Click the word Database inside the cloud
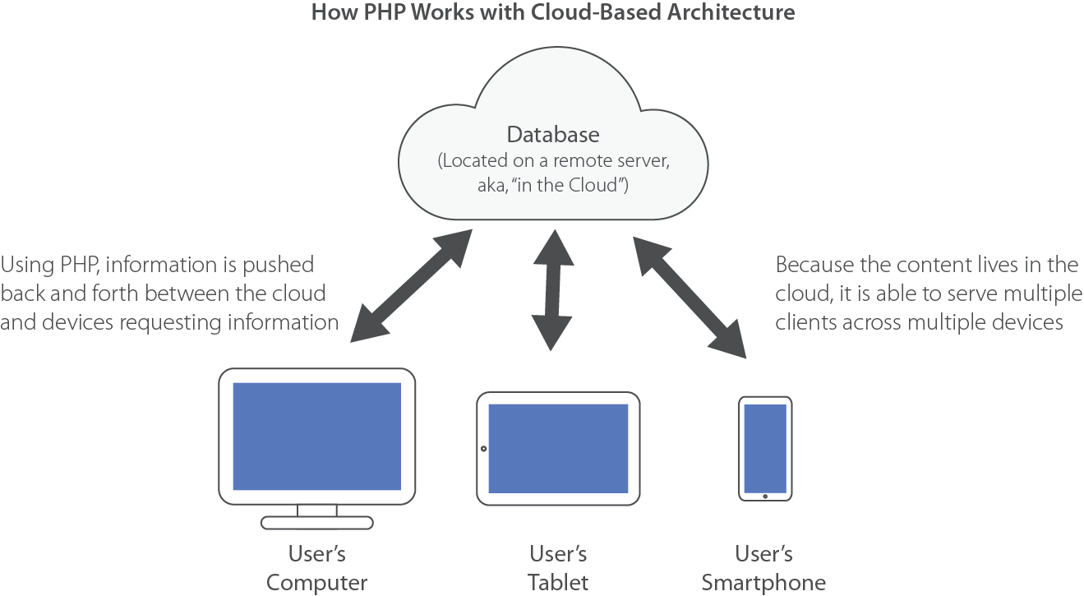coord(553,135)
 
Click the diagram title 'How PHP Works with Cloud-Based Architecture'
coord(553,13)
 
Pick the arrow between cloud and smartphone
coord(689,293)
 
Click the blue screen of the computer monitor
coord(316,436)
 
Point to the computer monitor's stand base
coord(316,522)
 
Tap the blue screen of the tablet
coord(558,448)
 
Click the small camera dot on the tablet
coord(483,449)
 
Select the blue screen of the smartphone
coord(765,448)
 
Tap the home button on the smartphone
coord(765,496)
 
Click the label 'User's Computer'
coord(316,568)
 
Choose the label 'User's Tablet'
coord(558,568)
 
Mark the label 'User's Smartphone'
coord(763,568)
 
